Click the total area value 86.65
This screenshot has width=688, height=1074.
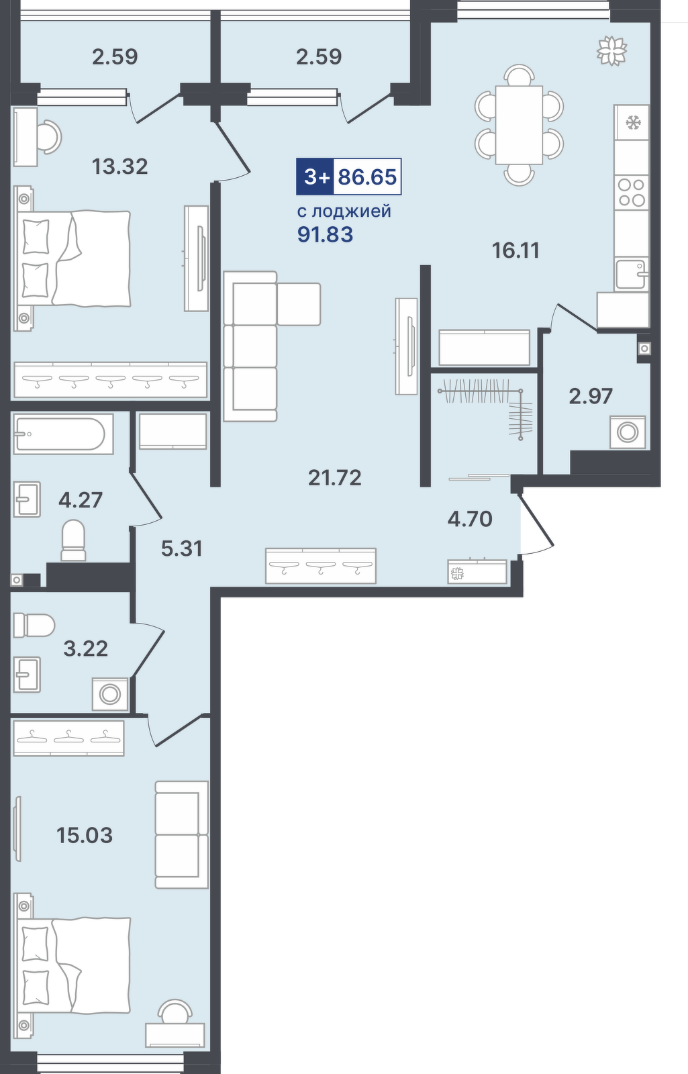(368, 177)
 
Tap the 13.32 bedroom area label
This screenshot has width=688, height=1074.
(120, 167)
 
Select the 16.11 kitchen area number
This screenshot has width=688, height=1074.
(516, 250)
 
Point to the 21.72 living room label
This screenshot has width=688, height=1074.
(335, 477)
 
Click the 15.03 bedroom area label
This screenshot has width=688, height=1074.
(85, 835)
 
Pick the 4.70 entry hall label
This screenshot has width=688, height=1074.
(470, 519)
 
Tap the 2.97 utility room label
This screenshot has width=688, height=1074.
(591, 397)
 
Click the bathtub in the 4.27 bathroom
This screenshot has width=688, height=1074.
(63, 434)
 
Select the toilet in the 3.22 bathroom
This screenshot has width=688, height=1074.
(34, 626)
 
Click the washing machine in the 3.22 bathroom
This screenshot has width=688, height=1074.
(110, 694)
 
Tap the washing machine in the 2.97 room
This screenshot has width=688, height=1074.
(628, 432)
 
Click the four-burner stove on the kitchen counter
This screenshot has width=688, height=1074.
(632, 192)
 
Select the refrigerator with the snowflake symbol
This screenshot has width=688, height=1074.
(632, 124)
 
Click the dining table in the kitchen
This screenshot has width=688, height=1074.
(520, 125)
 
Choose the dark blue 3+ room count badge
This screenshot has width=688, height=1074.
(315, 177)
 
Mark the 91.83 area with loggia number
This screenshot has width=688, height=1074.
(325, 235)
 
